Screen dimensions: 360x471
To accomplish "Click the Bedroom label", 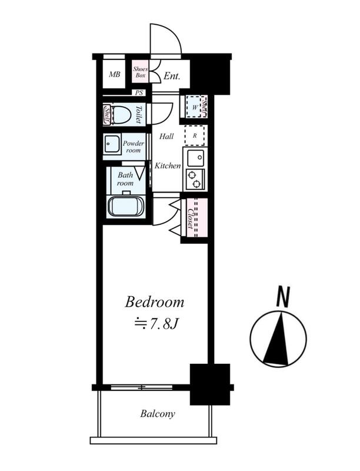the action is [155, 302].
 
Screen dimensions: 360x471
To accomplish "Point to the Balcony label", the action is [158, 414].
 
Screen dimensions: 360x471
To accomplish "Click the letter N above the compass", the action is [283, 297].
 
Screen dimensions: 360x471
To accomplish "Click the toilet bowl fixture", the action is [121, 114].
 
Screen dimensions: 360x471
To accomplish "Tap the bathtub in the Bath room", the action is [126, 205].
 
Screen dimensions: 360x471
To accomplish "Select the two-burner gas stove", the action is [195, 180].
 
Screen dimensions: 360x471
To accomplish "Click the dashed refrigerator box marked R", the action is [195, 135].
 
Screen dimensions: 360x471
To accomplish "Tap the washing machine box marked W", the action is [195, 107].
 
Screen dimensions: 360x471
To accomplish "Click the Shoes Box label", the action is [141, 72].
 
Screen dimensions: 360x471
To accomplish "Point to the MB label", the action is [114, 74].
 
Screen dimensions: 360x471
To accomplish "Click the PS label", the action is [139, 93].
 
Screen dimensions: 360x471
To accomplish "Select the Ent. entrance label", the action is [172, 76].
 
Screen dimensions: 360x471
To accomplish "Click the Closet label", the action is [190, 218].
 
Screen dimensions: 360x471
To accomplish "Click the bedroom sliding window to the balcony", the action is [142, 387].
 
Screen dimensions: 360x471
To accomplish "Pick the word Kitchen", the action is [168, 165].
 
